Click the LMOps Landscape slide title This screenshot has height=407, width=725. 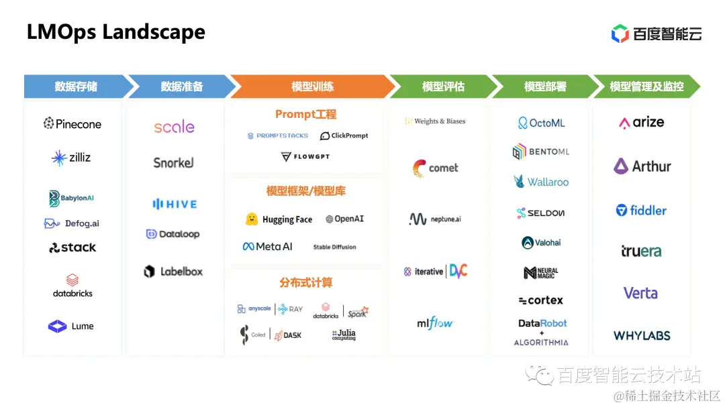click(115, 32)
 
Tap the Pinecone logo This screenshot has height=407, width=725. click(72, 123)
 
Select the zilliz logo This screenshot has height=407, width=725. click(71, 158)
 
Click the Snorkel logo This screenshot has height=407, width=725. click(173, 163)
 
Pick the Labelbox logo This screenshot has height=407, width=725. click(173, 272)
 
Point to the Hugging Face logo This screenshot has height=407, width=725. click(279, 219)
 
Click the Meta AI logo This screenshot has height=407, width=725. click(268, 247)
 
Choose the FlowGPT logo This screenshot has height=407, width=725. click(305, 157)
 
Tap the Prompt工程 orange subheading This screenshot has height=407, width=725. click(305, 115)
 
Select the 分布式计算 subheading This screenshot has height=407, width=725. click(305, 282)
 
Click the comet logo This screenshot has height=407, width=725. click(435, 168)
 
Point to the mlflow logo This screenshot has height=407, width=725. click(435, 323)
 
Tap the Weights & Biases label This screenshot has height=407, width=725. click(435, 121)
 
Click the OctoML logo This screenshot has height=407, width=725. click(542, 123)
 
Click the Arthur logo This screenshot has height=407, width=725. click(642, 166)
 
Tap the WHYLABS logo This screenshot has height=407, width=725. click(642, 335)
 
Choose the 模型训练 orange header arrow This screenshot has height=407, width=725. click(312, 86)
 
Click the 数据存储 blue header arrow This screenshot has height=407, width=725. click(77, 86)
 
